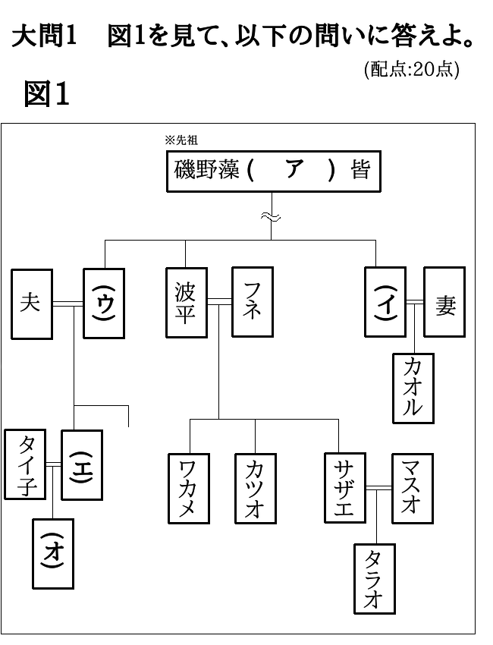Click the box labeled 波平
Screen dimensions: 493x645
(187, 303)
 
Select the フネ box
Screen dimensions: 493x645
(253, 302)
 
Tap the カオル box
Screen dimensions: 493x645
(413, 389)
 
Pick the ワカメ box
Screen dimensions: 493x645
(189, 488)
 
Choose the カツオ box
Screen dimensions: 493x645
(256, 488)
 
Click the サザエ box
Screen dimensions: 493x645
(345, 488)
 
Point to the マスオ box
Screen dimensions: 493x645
(413, 488)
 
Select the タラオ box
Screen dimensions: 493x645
(375, 579)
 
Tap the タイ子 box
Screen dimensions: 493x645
(25, 464)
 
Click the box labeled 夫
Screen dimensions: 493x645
(32, 304)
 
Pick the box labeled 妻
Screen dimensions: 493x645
(444, 302)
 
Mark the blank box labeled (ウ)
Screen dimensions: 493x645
(104, 304)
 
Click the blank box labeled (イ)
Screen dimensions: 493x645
(385, 302)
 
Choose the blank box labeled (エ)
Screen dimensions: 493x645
(82, 465)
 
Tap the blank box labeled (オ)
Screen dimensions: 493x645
(53, 554)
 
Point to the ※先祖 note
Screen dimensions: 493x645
(181, 140)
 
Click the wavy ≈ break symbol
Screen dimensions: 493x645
(271, 217)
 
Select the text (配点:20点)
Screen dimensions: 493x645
(412, 70)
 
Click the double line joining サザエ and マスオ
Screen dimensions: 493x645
(378, 488)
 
